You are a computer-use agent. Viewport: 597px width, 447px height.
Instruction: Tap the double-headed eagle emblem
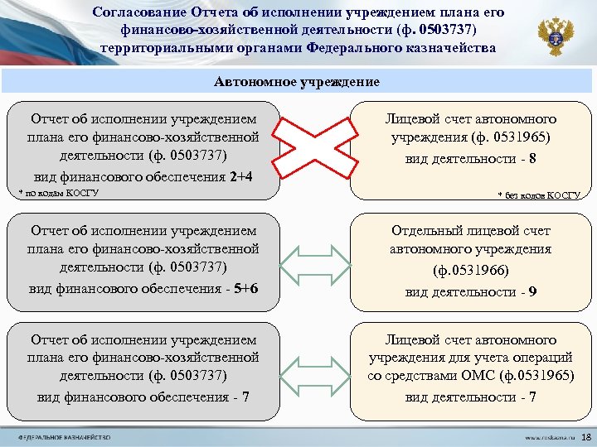(x=555, y=36)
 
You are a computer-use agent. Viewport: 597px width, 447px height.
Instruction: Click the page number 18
(x=586, y=436)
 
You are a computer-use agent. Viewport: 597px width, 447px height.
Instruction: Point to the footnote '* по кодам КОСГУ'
(x=58, y=193)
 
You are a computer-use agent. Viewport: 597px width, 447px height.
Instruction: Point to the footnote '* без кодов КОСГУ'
(x=538, y=195)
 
